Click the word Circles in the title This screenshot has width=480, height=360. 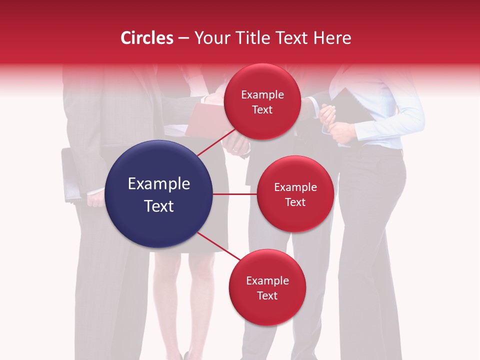pyautogui.click(x=147, y=38)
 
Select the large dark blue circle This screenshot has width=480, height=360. pyautogui.click(x=159, y=194)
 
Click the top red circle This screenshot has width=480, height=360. pyautogui.click(x=262, y=101)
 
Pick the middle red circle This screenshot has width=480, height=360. pyautogui.click(x=295, y=194)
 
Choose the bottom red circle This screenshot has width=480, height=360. pyautogui.click(x=267, y=287)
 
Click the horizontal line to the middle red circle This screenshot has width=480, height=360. pyautogui.click(x=235, y=194)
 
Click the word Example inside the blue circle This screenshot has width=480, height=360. pyautogui.click(x=159, y=184)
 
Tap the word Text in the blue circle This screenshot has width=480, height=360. pyautogui.click(x=159, y=205)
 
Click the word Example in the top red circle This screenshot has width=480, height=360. pyautogui.click(x=262, y=94)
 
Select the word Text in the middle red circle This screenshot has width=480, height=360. pyautogui.click(x=295, y=202)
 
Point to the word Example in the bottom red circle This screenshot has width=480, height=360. pyautogui.click(x=267, y=280)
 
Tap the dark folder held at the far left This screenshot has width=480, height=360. pyautogui.click(x=70, y=175)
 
